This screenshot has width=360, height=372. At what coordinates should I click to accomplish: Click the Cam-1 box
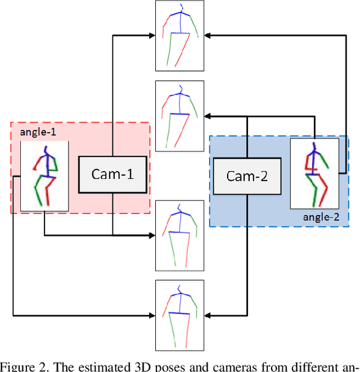click(x=112, y=174)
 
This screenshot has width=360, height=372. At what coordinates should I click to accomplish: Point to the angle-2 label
click(x=317, y=216)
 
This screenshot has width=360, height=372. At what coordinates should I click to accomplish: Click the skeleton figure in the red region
click(x=44, y=176)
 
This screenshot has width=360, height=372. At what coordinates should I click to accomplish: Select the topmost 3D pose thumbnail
click(x=179, y=36)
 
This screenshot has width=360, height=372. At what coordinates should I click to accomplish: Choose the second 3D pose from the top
click(x=179, y=115)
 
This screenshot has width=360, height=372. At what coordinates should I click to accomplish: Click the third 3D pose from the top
click(x=179, y=235)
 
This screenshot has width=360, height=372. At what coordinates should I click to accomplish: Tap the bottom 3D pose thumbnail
click(x=179, y=314)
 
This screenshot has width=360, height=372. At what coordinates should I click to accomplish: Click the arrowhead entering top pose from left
click(x=152, y=36)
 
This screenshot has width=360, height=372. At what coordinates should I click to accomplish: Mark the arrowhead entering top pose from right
click(x=206, y=36)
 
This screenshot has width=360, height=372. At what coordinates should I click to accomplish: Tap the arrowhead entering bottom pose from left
click(x=152, y=314)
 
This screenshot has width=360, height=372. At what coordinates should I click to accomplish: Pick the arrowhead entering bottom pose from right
click(x=206, y=314)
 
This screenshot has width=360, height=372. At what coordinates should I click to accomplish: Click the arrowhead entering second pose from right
click(x=206, y=116)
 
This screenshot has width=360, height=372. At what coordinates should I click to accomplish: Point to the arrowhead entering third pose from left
click(x=152, y=235)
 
